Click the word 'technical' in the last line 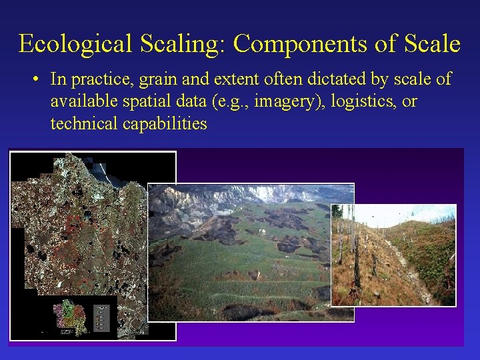click(83, 123)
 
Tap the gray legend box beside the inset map click(102, 318)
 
